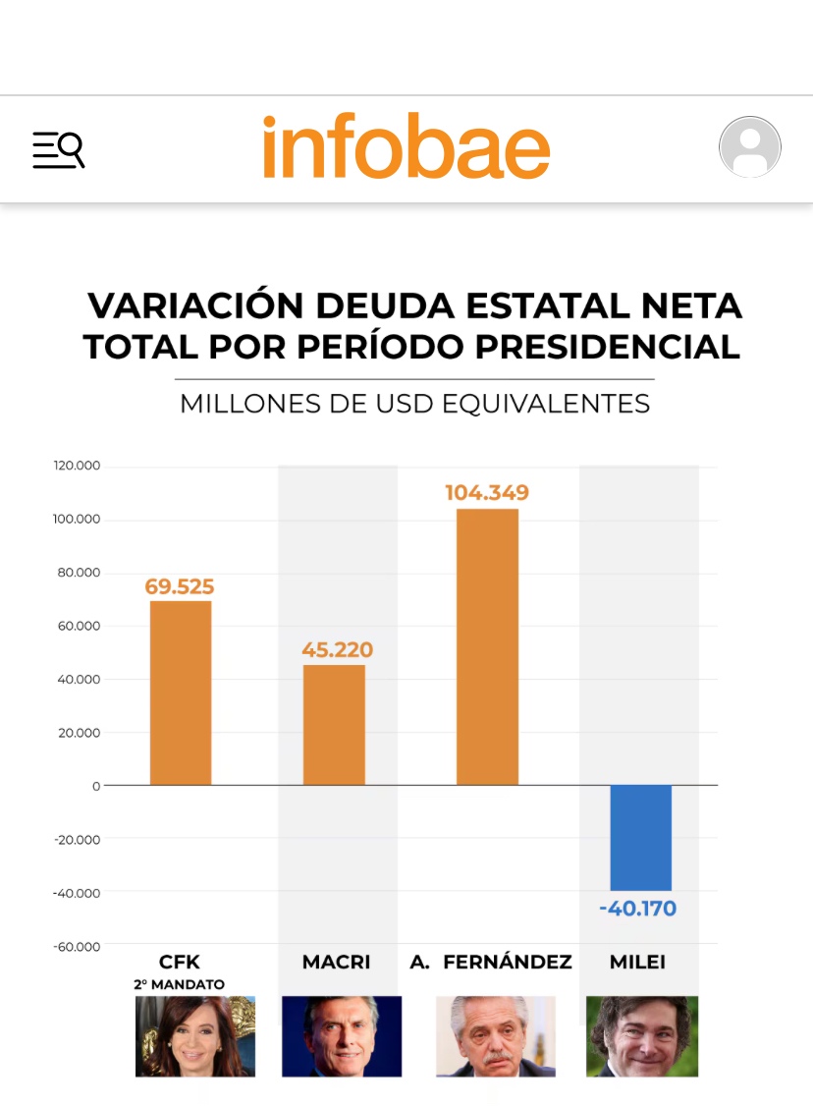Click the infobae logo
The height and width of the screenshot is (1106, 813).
click(x=406, y=148)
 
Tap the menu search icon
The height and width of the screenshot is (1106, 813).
click(x=59, y=149)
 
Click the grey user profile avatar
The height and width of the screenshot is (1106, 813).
click(x=749, y=147)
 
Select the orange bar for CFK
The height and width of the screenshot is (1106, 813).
click(x=181, y=692)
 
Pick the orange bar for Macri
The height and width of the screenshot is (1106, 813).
click(x=334, y=725)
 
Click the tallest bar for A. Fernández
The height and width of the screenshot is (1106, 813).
click(x=487, y=646)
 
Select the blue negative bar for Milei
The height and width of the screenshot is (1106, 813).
click(x=641, y=838)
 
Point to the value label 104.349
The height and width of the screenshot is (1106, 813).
click(x=487, y=493)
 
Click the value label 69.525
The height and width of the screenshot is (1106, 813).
click(x=180, y=587)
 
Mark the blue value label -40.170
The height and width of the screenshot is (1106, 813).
click(x=638, y=909)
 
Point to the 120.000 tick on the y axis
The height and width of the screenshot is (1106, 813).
click(x=77, y=467)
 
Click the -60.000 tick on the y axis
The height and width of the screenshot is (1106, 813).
click(x=77, y=946)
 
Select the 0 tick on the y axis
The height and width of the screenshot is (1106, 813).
click(x=96, y=786)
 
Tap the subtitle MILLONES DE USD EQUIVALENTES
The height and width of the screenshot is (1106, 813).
click(x=414, y=404)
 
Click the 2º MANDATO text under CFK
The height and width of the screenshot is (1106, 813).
click(x=180, y=983)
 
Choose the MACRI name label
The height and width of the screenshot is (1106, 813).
click(x=336, y=962)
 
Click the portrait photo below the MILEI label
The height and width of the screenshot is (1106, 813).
click(x=642, y=1036)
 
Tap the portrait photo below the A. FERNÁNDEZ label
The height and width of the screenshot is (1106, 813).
click(x=495, y=1036)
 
